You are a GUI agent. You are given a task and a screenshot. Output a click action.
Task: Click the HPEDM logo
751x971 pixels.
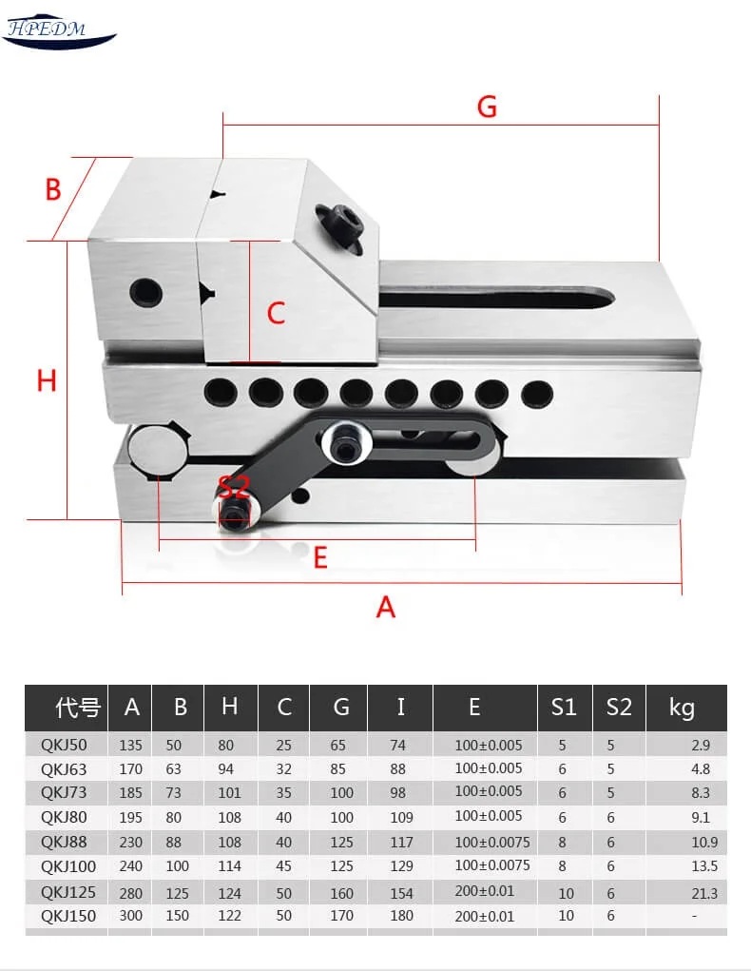[59, 30]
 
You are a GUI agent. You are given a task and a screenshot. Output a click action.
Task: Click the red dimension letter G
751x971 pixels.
[487, 107]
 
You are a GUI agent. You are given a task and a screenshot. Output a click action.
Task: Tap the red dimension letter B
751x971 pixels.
[53, 189]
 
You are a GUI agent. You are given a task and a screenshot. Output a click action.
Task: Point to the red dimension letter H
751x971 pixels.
[47, 380]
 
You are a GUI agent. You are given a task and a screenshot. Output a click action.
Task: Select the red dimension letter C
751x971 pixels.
[276, 313]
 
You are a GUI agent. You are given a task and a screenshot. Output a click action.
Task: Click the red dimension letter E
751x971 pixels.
[320, 558]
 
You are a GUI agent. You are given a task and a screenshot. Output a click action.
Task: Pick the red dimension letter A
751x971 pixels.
[385, 607]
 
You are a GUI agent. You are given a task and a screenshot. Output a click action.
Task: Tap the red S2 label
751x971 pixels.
[234, 489]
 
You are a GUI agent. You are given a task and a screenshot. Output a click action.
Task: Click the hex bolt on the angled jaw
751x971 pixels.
[340, 225]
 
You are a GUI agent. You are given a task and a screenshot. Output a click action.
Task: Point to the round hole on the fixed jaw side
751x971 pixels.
[146, 291]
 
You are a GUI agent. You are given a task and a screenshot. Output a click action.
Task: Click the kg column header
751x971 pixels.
[682, 708]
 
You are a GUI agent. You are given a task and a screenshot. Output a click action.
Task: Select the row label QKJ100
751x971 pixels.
[67, 866]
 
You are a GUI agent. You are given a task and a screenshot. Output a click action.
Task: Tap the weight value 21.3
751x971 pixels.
[704, 894]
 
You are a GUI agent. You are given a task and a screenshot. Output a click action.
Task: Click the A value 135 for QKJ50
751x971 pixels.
[130, 745]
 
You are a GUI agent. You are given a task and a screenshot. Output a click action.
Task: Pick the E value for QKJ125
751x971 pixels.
[484, 891]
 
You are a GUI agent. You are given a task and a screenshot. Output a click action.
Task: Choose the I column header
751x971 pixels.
[400, 707]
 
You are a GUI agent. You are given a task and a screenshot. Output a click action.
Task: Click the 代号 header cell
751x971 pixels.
[77, 708]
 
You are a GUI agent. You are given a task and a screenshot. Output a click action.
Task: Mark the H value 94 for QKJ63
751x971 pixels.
[226, 769]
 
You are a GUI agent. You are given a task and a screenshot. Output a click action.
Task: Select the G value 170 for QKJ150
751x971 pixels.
[341, 915]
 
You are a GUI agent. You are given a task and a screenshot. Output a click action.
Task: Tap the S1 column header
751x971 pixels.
[564, 708]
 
